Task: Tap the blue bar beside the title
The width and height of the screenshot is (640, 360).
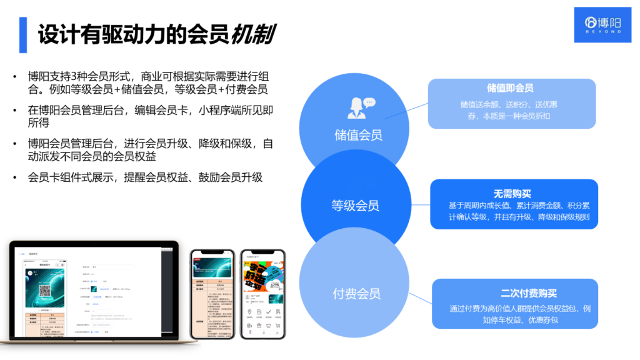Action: point(23,34)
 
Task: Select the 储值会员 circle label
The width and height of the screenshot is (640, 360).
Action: point(358,134)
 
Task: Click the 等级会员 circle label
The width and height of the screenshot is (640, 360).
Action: point(355,206)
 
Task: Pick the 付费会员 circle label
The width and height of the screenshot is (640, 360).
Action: point(356,293)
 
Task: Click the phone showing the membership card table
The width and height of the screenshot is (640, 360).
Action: point(212,294)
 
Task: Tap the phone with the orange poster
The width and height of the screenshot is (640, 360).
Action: point(262,294)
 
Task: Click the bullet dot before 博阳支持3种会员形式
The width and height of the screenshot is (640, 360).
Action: point(15,76)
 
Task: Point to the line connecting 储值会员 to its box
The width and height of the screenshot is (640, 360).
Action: point(406,110)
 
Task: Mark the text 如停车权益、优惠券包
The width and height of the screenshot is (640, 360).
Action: point(514,320)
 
